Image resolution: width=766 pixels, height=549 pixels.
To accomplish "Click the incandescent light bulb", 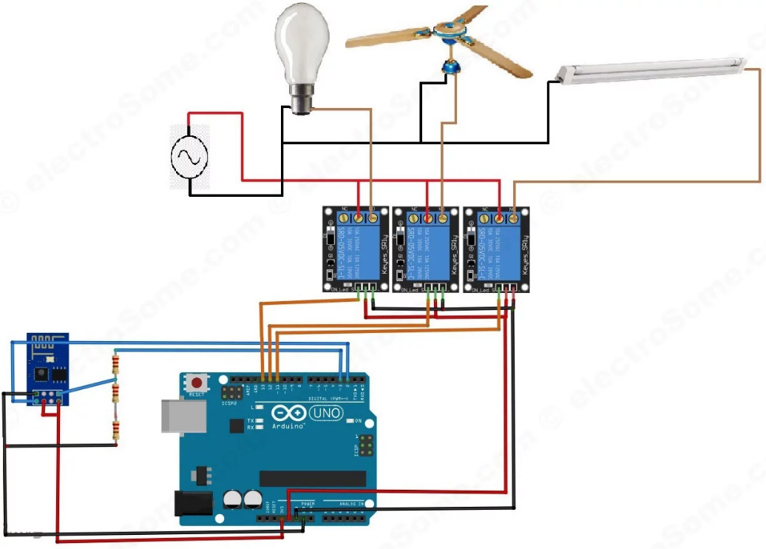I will tap(301, 44).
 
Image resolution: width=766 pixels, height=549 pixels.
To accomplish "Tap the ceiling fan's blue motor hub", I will tap(449, 67).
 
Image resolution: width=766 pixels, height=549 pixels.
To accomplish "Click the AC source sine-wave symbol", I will tap(189, 157).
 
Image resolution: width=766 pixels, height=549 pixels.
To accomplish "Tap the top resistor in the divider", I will tap(115, 363).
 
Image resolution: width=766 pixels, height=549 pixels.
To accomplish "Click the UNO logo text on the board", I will tap(325, 414).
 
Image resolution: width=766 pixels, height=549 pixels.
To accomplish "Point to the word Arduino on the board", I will tap(289, 427).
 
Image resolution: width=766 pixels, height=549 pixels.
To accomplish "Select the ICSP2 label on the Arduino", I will tap(229, 403).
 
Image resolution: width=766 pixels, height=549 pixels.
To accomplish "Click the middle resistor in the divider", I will tap(115, 392).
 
